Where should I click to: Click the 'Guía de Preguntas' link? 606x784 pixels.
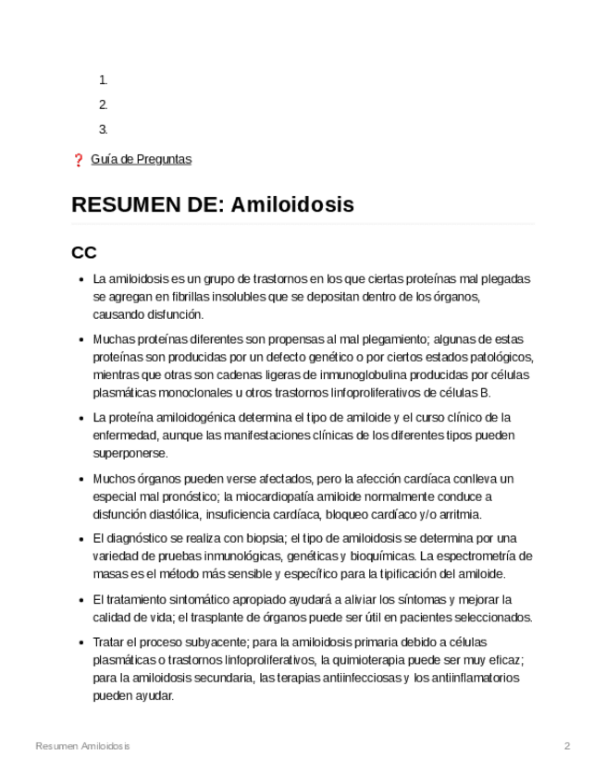pyautogui.click(x=141, y=159)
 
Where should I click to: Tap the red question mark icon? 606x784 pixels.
pyautogui.click(x=78, y=160)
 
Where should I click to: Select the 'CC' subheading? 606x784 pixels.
pyautogui.click(x=84, y=252)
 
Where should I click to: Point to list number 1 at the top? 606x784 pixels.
pyautogui.click(x=103, y=80)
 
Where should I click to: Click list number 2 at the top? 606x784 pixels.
pyautogui.click(x=103, y=104)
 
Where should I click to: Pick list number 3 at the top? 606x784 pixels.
pyautogui.click(x=103, y=129)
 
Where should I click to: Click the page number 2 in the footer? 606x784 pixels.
pyautogui.click(x=567, y=746)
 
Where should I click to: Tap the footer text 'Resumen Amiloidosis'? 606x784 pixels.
pyautogui.click(x=82, y=746)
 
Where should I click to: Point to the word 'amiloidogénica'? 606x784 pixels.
pyautogui.click(x=188, y=418)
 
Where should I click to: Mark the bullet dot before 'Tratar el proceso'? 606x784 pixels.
pyautogui.click(x=82, y=642)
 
